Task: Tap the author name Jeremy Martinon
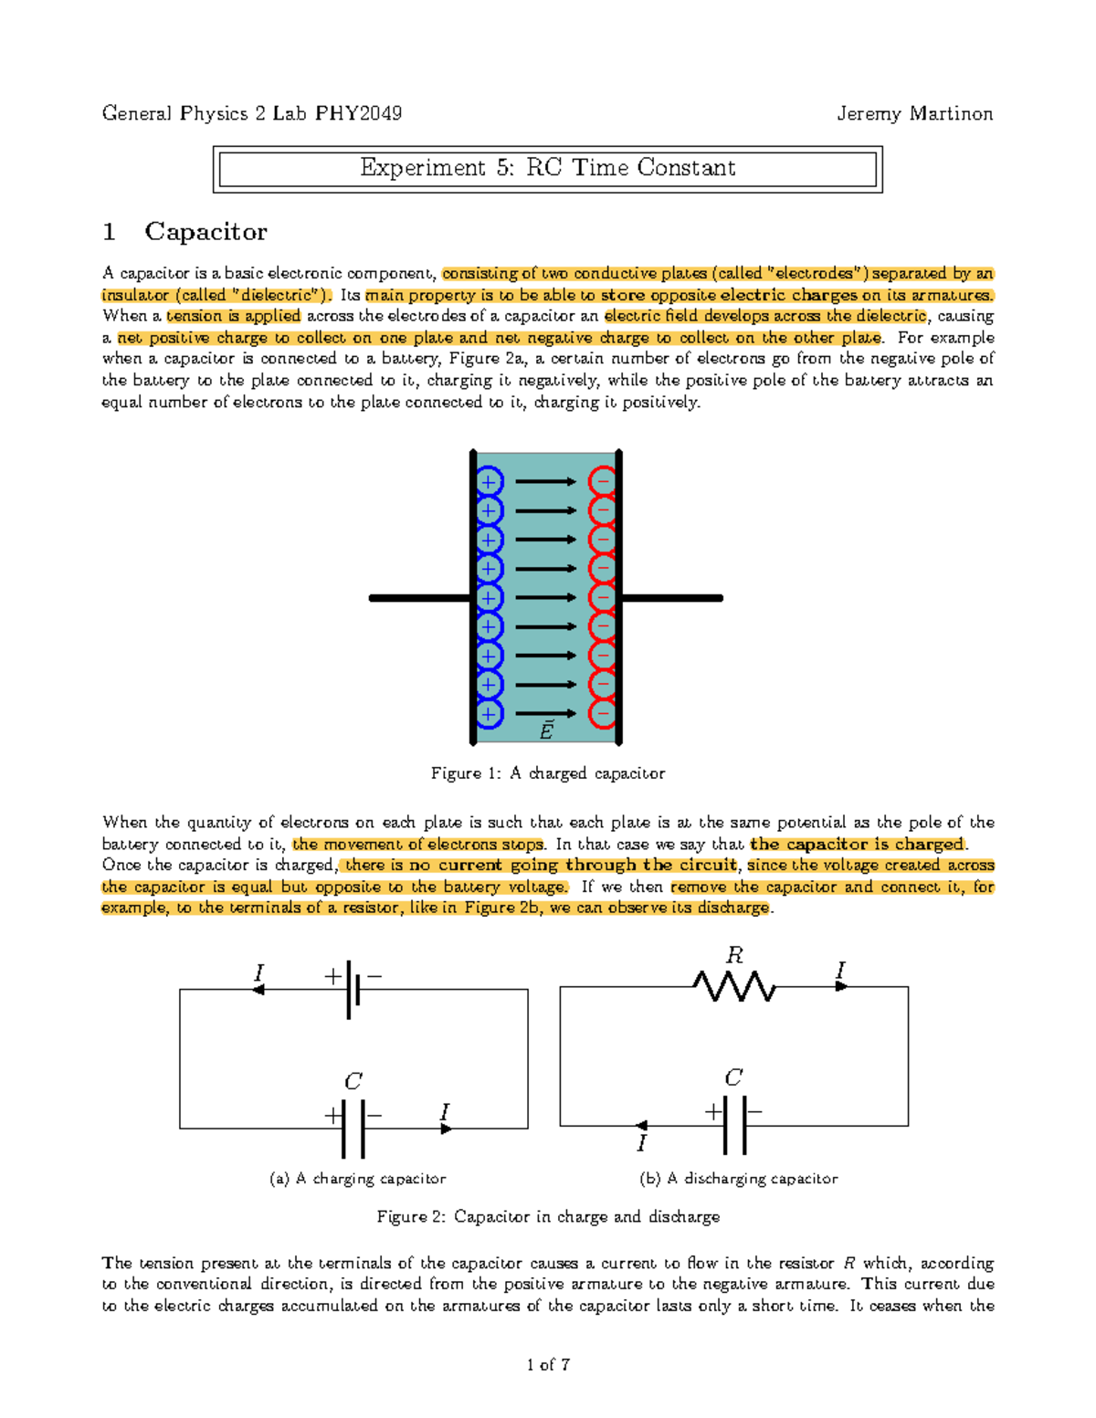[x=914, y=113]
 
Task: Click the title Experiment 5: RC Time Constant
[x=547, y=168]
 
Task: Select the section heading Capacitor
[x=205, y=232]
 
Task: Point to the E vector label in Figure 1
[x=546, y=730]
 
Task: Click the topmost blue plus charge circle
[x=490, y=481]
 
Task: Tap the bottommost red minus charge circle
[x=603, y=713]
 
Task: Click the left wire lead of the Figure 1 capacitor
[x=420, y=598]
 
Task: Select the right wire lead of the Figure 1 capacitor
[x=671, y=598]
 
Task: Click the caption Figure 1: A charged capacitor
[x=547, y=773]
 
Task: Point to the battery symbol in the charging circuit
[x=353, y=990]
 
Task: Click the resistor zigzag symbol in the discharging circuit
[x=734, y=987]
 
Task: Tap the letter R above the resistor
[x=734, y=956]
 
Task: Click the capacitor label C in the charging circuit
[x=353, y=1082]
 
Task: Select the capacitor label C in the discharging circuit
[x=733, y=1078]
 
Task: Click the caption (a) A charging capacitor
[x=358, y=1179]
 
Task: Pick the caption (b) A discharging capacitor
[x=739, y=1179]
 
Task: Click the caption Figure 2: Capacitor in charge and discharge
[x=548, y=1217]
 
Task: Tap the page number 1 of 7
[x=548, y=1365]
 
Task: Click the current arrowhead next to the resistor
[x=842, y=986]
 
